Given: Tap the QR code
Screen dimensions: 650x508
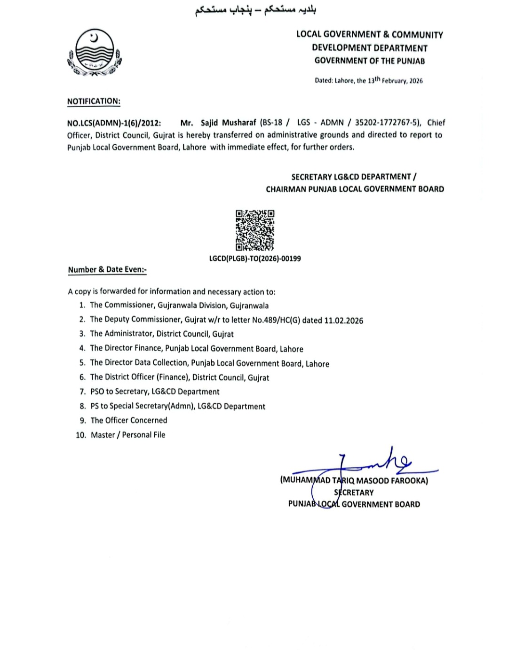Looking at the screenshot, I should (254, 230).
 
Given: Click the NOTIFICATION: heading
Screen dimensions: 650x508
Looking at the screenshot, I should (94, 101).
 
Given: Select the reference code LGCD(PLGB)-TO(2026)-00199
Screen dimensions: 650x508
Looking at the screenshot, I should (254, 258).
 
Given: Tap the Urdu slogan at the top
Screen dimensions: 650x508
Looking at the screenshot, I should (255, 11).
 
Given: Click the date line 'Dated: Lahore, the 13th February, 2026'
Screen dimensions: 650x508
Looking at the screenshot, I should (368, 80).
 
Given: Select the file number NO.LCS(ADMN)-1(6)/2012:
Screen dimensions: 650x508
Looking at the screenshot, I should (114, 123).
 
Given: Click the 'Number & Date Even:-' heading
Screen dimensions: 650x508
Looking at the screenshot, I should (107, 270).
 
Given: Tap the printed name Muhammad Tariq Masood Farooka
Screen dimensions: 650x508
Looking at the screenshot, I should (354, 481).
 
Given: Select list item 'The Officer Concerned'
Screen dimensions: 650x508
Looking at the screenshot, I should (128, 421).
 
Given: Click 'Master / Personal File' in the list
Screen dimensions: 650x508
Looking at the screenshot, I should (128, 435).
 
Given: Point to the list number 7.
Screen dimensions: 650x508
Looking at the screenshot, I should (82, 392).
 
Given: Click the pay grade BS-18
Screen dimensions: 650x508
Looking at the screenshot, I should (271, 123).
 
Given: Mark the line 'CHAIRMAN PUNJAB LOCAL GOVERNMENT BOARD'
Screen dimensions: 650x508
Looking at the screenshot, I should (355, 189).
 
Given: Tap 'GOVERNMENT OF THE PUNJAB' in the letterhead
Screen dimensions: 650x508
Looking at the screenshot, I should (369, 61).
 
